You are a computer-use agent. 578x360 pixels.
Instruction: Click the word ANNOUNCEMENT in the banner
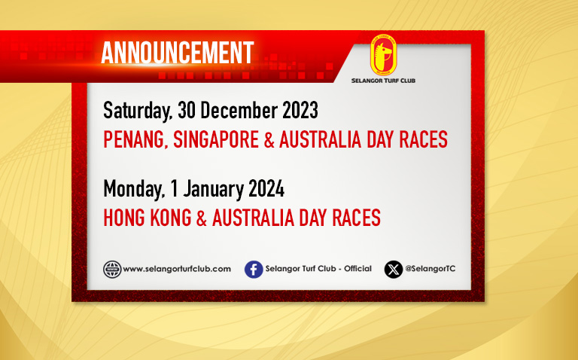click(x=178, y=53)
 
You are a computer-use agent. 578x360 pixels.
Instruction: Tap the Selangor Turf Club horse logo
click(x=383, y=55)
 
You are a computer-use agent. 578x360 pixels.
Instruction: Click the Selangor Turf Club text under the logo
click(x=383, y=81)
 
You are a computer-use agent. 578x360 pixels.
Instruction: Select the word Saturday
click(x=138, y=111)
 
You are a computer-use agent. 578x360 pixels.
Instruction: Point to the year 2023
click(x=300, y=110)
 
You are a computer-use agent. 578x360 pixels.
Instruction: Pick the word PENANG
click(x=134, y=140)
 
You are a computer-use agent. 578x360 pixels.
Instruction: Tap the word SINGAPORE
click(x=216, y=139)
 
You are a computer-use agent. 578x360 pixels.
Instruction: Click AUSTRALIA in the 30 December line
click(x=320, y=139)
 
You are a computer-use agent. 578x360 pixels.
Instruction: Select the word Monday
click(x=134, y=190)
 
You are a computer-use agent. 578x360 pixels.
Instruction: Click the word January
click(x=213, y=190)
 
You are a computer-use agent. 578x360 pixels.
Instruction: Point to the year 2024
click(x=266, y=189)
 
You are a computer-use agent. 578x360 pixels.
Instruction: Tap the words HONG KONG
click(x=148, y=218)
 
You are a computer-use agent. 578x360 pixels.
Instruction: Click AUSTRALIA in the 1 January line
click(x=253, y=218)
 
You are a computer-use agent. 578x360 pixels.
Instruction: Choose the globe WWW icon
click(x=112, y=270)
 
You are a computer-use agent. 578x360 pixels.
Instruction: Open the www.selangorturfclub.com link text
click(x=177, y=270)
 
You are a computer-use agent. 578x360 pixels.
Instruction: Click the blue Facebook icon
click(x=254, y=270)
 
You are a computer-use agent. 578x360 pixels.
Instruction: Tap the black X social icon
click(x=394, y=270)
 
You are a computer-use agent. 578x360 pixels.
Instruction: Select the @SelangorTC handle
click(x=430, y=269)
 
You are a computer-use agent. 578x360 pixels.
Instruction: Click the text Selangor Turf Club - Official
click(x=318, y=269)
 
